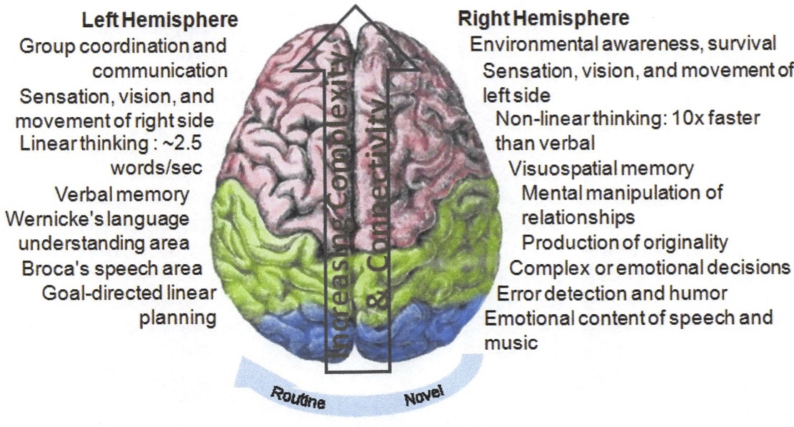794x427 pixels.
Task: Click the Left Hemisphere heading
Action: [159, 20]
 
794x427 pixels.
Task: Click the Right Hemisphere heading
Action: [544, 19]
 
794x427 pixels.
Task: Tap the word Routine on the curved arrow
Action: [298, 398]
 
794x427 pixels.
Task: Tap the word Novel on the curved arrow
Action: [424, 395]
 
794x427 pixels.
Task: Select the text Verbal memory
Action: [122, 194]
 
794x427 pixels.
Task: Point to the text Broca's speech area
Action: [112, 268]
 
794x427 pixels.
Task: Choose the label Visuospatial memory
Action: [601, 169]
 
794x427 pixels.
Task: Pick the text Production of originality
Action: [624, 243]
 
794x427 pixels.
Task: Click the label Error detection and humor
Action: [612, 293]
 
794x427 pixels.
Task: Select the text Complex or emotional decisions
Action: [650, 268]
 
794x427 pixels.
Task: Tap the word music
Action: [511, 343]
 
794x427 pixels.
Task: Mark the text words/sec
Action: [156, 169]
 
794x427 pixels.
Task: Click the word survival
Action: [741, 44]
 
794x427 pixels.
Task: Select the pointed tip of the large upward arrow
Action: [356, 6]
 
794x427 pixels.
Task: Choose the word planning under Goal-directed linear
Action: [178, 318]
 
